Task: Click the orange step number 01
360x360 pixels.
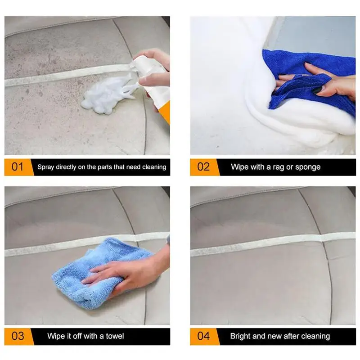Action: (18, 167)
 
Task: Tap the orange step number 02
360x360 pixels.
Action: (203, 167)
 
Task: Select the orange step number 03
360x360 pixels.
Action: (18, 336)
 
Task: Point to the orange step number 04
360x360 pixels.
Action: (203, 336)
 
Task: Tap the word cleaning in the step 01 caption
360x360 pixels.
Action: (154, 167)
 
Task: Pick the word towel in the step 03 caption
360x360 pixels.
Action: (115, 336)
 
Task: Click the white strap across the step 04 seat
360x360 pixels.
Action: (273, 244)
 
